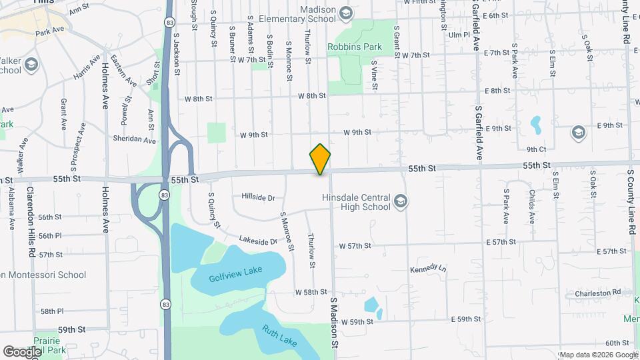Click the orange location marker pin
coord(320,159)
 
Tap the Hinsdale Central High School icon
coord(400,201)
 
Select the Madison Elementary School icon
coord(345,12)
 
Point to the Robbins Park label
coord(354,47)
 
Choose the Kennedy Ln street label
coord(429,267)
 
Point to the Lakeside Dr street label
coord(257,241)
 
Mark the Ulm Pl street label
coord(460,35)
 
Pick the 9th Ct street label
coord(536,149)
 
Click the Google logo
coord(21,351)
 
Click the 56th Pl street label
coord(50,236)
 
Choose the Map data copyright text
coord(598,355)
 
